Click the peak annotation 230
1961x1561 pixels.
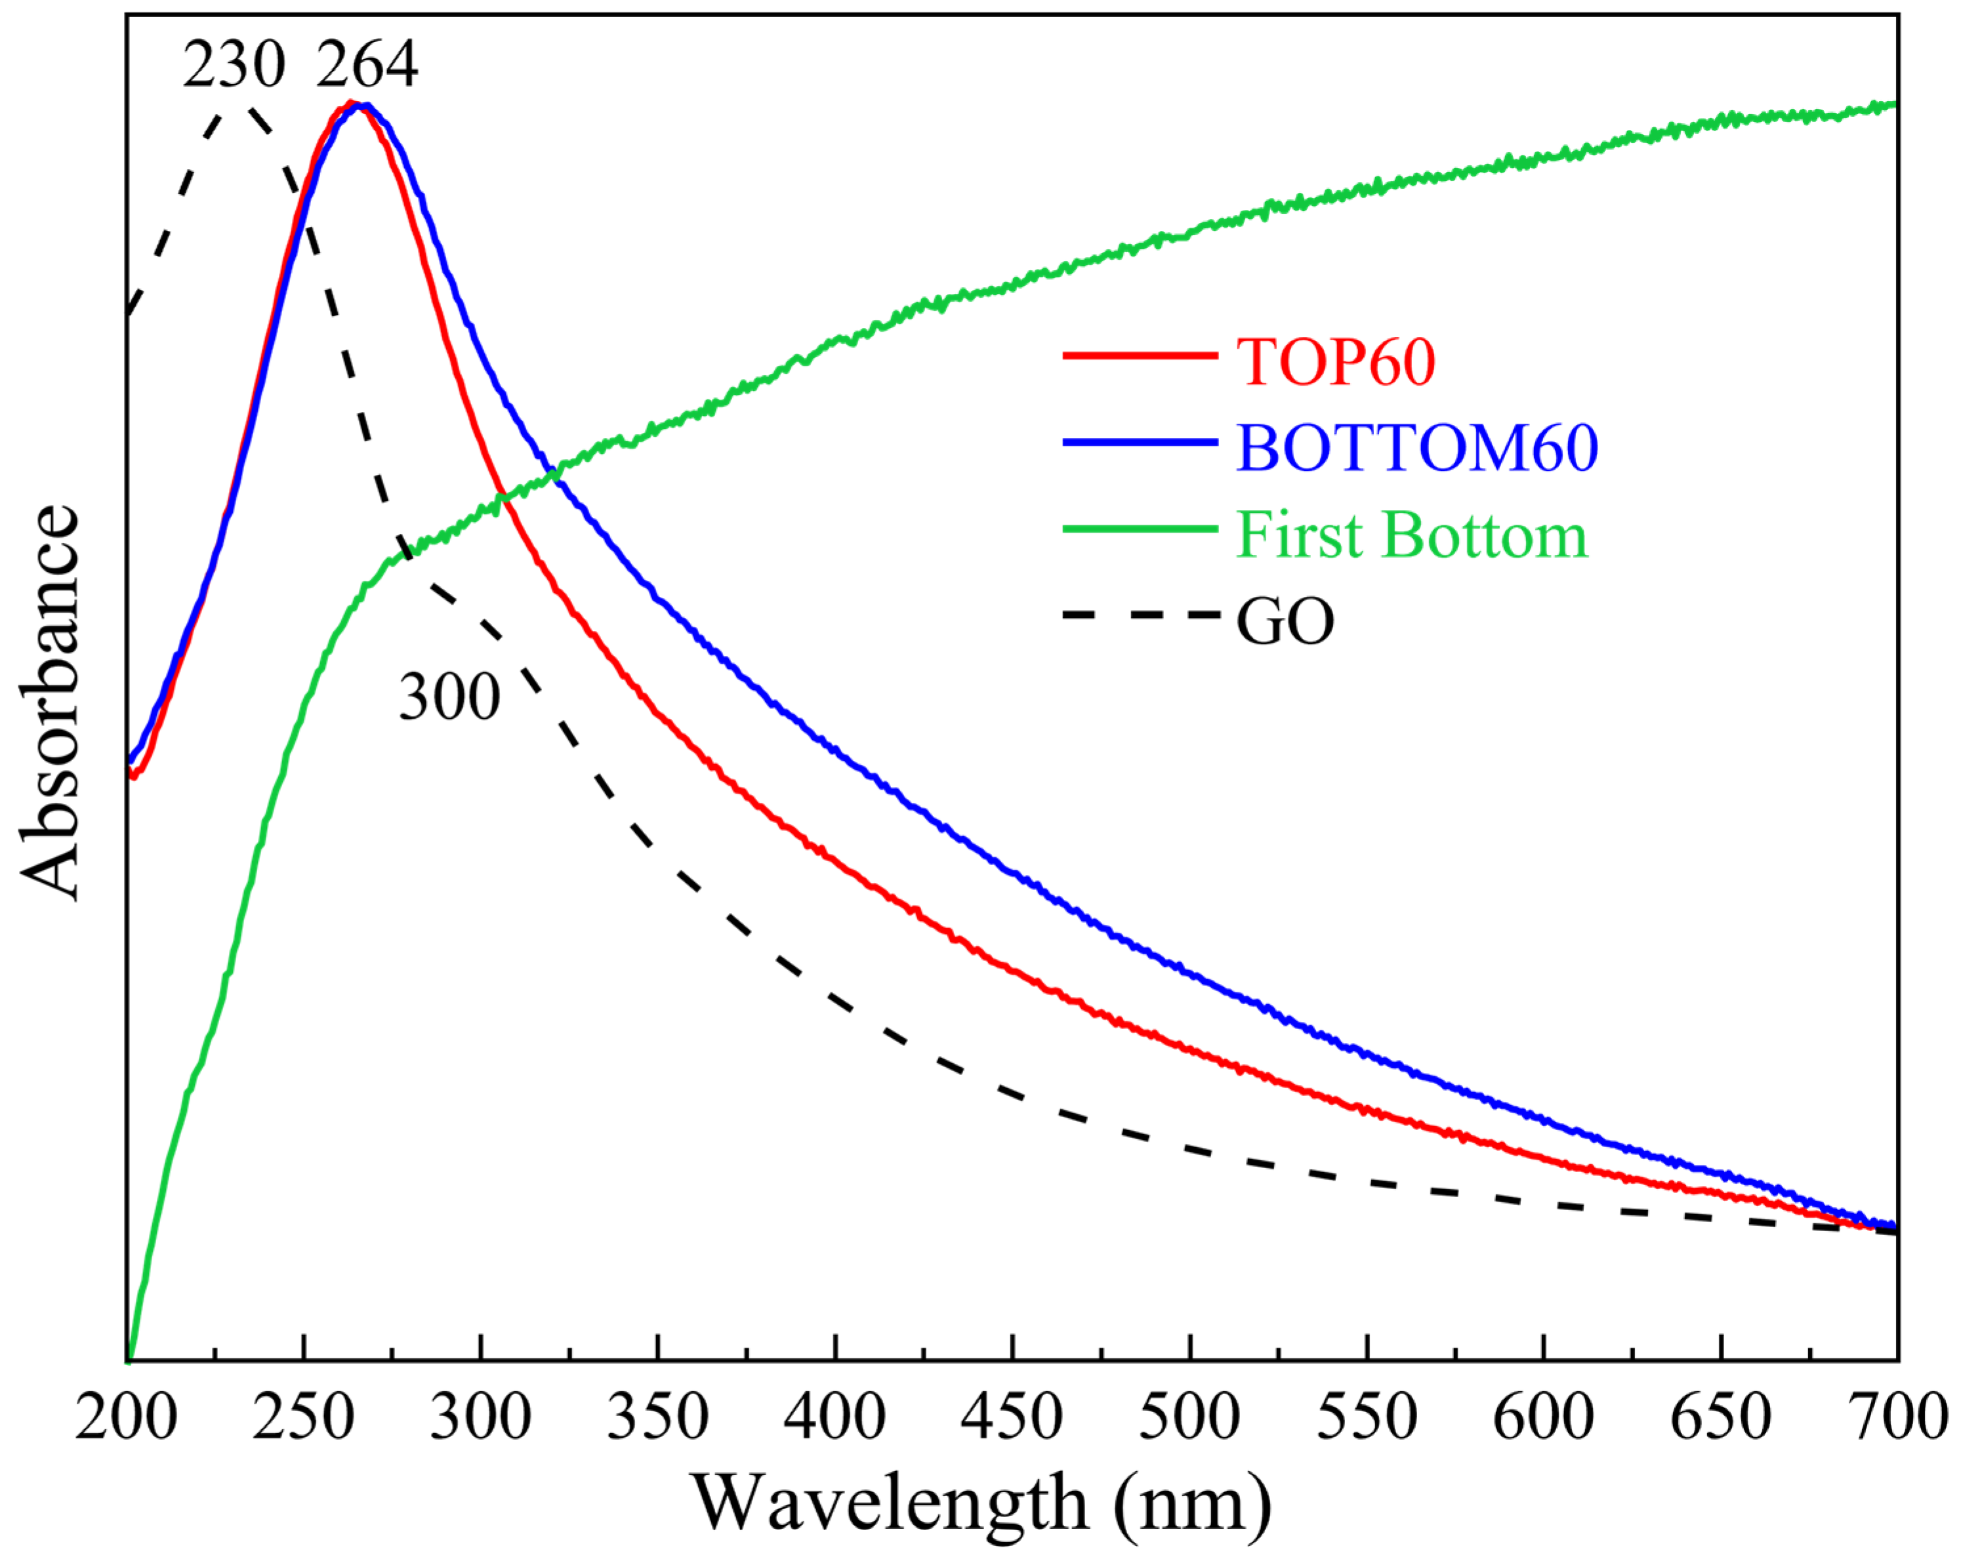coord(234,66)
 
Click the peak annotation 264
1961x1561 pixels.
coord(367,66)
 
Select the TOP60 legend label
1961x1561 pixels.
coord(1335,362)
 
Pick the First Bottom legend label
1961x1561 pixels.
coord(1411,535)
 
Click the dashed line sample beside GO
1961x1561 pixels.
coord(1140,617)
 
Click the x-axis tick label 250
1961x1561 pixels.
coord(303,1417)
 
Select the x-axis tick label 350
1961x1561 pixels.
coord(657,1417)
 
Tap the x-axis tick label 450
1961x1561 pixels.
coord(1012,1417)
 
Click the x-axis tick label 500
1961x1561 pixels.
coord(1189,1417)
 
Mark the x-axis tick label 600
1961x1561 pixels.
coord(1544,1417)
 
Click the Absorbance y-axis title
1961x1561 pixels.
coord(50,702)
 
